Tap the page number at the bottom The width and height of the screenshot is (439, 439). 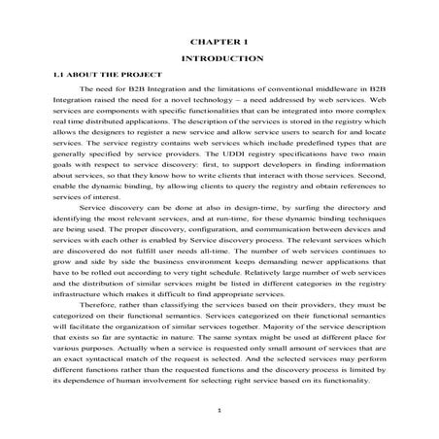[x=220, y=413]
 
